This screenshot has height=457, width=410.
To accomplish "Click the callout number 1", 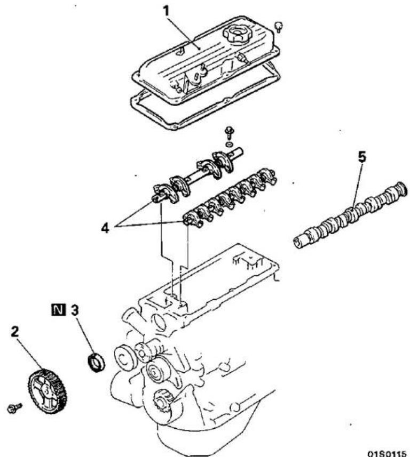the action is point(166,11).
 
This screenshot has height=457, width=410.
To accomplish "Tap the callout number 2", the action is point(14,332).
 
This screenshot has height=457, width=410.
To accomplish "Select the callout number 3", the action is point(75,310).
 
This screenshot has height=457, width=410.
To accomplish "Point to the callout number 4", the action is point(105,228).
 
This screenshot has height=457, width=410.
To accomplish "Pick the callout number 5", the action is point(362,157).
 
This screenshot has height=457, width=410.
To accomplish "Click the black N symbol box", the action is point(58,310).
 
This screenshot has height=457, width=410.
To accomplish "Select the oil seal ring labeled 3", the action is point(96,362).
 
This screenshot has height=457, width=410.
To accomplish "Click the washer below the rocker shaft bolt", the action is point(230,145).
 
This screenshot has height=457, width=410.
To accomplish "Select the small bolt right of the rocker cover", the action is point(279,27).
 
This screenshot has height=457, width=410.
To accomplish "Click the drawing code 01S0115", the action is point(387,453).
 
